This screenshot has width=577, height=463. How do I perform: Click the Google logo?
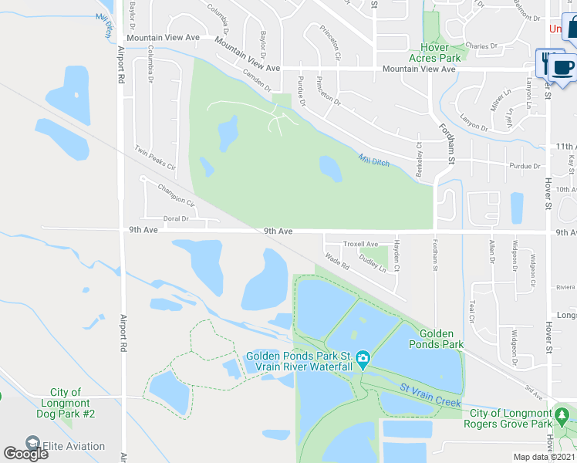[25, 454]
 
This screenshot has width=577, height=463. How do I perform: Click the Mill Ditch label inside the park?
[374, 160]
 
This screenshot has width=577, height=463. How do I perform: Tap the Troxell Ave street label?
[361, 244]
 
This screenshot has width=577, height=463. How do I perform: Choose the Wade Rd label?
[338, 262]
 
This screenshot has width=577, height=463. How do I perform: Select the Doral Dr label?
[176, 219]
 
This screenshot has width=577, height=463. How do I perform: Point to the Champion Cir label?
[175, 194]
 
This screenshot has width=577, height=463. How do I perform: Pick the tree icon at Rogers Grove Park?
[563, 417]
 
